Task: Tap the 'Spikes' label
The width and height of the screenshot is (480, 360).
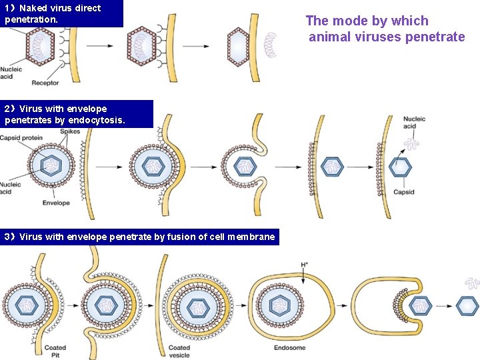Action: (x=70, y=131)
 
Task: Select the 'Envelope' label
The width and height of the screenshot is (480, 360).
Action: (x=56, y=203)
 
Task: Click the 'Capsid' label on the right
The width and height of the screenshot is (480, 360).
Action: (x=403, y=192)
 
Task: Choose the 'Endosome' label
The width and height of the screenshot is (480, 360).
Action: (x=290, y=348)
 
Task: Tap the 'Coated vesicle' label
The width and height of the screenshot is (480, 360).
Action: (x=179, y=351)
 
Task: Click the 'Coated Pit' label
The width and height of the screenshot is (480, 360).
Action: (x=55, y=351)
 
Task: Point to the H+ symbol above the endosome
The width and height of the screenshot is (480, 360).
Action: (x=304, y=265)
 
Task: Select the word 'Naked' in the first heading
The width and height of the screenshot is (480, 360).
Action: (x=33, y=8)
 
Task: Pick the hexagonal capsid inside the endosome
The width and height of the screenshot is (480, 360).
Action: (x=283, y=307)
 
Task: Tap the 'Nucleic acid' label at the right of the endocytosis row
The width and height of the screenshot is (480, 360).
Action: (x=414, y=123)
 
